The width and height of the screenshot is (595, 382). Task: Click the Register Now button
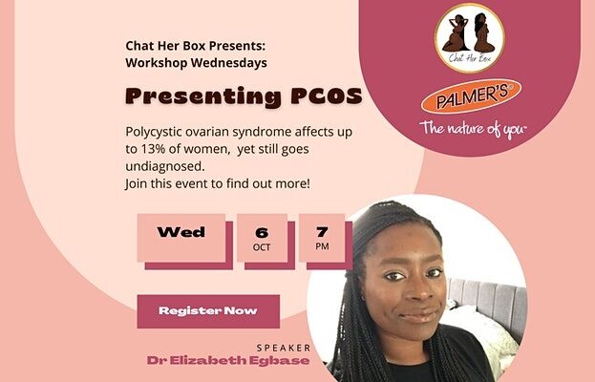[x=208, y=311]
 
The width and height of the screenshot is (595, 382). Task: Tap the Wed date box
[x=181, y=238]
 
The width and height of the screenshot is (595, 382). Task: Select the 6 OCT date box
[x=262, y=238]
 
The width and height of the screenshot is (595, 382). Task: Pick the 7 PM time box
[x=322, y=238]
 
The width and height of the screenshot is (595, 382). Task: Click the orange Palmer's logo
[x=471, y=96]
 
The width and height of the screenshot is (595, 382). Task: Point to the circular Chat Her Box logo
[x=470, y=38]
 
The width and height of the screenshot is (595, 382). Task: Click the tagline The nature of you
[x=473, y=129]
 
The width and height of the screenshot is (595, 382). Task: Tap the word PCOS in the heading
[x=327, y=96]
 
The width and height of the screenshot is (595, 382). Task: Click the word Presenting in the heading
[x=203, y=97]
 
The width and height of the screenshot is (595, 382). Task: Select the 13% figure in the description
[x=154, y=149]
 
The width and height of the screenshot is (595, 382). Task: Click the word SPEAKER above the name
[x=284, y=348]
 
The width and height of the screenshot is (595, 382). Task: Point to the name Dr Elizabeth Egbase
[x=228, y=360]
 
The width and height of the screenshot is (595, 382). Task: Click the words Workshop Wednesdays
[x=196, y=63]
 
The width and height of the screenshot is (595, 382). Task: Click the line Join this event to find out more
[x=218, y=183]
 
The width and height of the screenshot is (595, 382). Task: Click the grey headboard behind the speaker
[x=489, y=304]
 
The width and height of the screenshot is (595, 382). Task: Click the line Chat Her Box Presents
[x=196, y=46]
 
